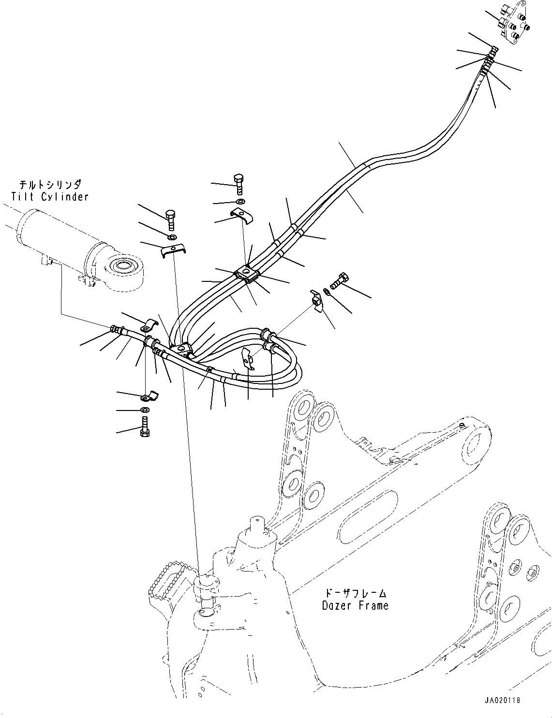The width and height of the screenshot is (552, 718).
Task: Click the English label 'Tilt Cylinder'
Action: (50, 197)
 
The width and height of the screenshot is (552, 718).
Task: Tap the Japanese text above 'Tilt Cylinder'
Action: (50, 185)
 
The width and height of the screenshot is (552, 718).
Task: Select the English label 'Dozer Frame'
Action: (355, 605)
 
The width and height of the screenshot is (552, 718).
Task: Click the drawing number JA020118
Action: (501, 700)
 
